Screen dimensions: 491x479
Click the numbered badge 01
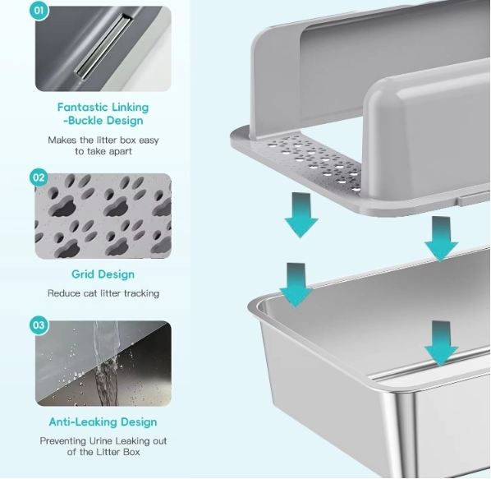coord(39,11)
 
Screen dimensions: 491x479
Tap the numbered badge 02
coord(39,177)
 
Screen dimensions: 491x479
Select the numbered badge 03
coord(39,325)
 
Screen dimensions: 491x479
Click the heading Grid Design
coord(103,274)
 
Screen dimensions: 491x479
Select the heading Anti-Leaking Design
coord(103,422)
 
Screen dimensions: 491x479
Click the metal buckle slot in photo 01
coord(103,46)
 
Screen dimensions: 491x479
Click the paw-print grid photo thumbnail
coord(103,216)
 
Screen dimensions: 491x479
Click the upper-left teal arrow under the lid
coord(301,215)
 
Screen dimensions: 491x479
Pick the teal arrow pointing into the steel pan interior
coord(441,343)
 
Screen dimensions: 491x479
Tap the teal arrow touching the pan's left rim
coord(296,285)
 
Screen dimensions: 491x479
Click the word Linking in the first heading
coord(131,108)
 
